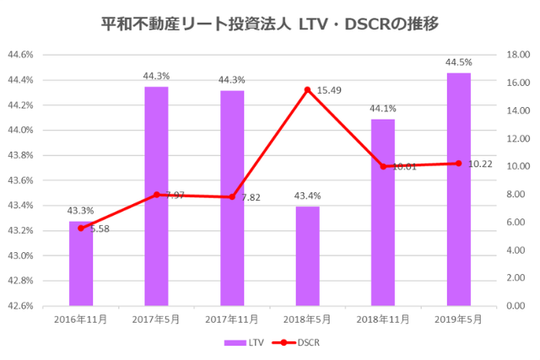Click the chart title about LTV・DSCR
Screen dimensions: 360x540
(x=269, y=23)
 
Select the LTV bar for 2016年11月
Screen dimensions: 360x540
(x=81, y=266)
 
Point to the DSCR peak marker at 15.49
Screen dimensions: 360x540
(x=307, y=89)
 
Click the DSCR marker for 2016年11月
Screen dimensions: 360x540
(x=81, y=228)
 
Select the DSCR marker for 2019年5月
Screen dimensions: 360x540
(x=458, y=163)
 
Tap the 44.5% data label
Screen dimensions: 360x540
(x=458, y=62)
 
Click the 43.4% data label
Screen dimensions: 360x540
(x=307, y=196)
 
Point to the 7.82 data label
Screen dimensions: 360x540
(x=252, y=197)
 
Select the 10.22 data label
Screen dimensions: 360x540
(x=480, y=164)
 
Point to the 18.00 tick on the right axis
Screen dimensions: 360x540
(x=517, y=55)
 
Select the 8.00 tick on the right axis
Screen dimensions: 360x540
(x=516, y=194)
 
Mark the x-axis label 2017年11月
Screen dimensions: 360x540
(x=232, y=320)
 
